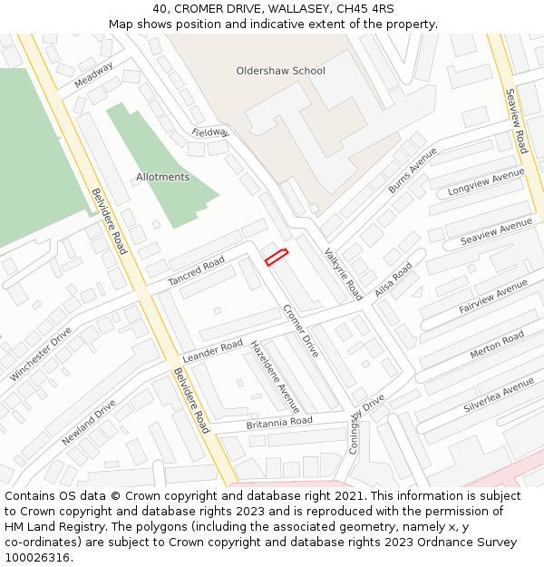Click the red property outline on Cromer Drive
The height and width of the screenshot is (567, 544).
tap(276, 257)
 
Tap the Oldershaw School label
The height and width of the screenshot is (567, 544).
tap(280, 71)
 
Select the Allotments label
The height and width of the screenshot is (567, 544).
tap(163, 177)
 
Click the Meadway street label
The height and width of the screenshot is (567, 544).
tap(94, 74)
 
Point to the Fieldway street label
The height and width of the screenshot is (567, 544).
tap(210, 132)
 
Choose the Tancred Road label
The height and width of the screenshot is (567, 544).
tap(196, 270)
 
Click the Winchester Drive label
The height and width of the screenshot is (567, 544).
tap(41, 354)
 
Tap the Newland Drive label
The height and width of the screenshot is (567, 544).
tap(89, 422)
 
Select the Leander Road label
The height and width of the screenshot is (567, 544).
tap(212, 350)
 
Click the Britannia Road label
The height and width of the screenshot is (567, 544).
tap(279, 423)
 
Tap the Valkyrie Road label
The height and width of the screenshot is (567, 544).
tap(343, 273)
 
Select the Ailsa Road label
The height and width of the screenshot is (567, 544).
tap(393, 279)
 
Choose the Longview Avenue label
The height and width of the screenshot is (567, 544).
tap(486, 182)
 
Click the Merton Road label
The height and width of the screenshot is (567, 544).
tap(497, 345)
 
